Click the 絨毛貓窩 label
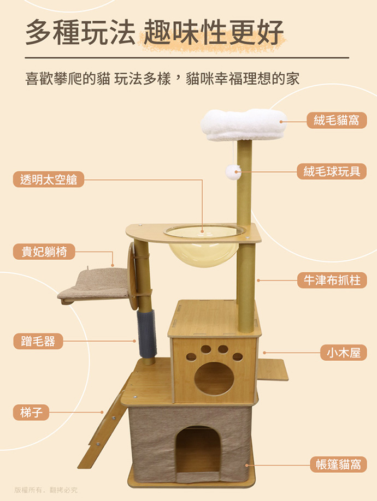click(337, 121)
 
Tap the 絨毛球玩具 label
click(332, 171)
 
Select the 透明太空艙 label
click(49, 179)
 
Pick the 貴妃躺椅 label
click(44, 252)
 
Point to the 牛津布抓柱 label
click(332, 280)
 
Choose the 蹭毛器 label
click(38, 341)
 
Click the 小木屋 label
click(344, 353)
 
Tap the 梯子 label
click(31, 412)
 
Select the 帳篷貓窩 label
click(338, 464)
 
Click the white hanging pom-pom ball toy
click(233, 172)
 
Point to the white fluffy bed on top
click(244, 124)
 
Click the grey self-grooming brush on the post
click(147, 333)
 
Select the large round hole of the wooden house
click(214, 379)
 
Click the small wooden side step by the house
click(273, 369)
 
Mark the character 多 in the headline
click(38, 32)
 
